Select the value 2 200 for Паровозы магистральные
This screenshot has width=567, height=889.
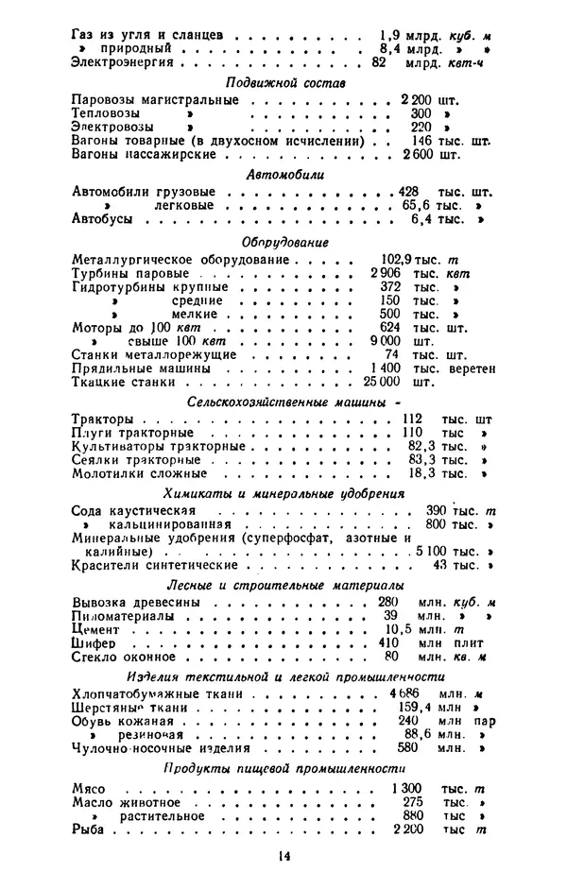click(416, 98)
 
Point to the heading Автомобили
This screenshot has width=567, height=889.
click(285, 175)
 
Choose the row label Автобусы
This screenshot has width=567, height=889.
click(102, 219)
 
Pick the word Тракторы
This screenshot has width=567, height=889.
click(102, 418)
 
